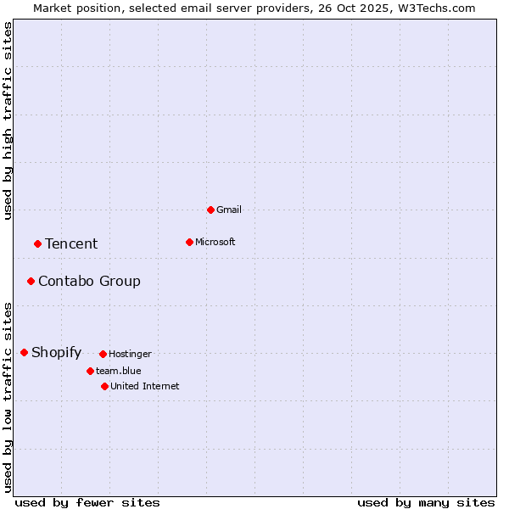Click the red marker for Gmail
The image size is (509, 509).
pos(210,210)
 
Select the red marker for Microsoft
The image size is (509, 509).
pos(189,242)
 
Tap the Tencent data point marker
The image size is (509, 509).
pos(37,243)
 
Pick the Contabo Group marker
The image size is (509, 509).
pos(31,281)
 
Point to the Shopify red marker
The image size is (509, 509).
pos(24,352)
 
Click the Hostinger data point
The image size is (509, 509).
pos(103,354)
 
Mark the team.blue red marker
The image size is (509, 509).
pos(90,371)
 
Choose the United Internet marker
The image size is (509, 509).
pos(104,386)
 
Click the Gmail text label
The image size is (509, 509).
pos(229,210)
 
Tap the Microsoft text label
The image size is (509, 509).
pos(215,242)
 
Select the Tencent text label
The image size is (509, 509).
pos(71,243)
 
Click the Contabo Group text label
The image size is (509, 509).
pos(89,281)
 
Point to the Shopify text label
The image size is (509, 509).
pos(56,353)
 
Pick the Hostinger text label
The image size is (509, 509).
pos(130,354)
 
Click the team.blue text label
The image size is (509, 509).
pos(119,371)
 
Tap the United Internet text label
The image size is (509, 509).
pos(145,386)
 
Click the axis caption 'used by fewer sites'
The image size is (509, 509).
pos(87,502)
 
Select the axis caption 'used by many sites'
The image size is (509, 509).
pos(426,502)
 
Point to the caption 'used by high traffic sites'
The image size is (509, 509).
pos(8,120)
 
